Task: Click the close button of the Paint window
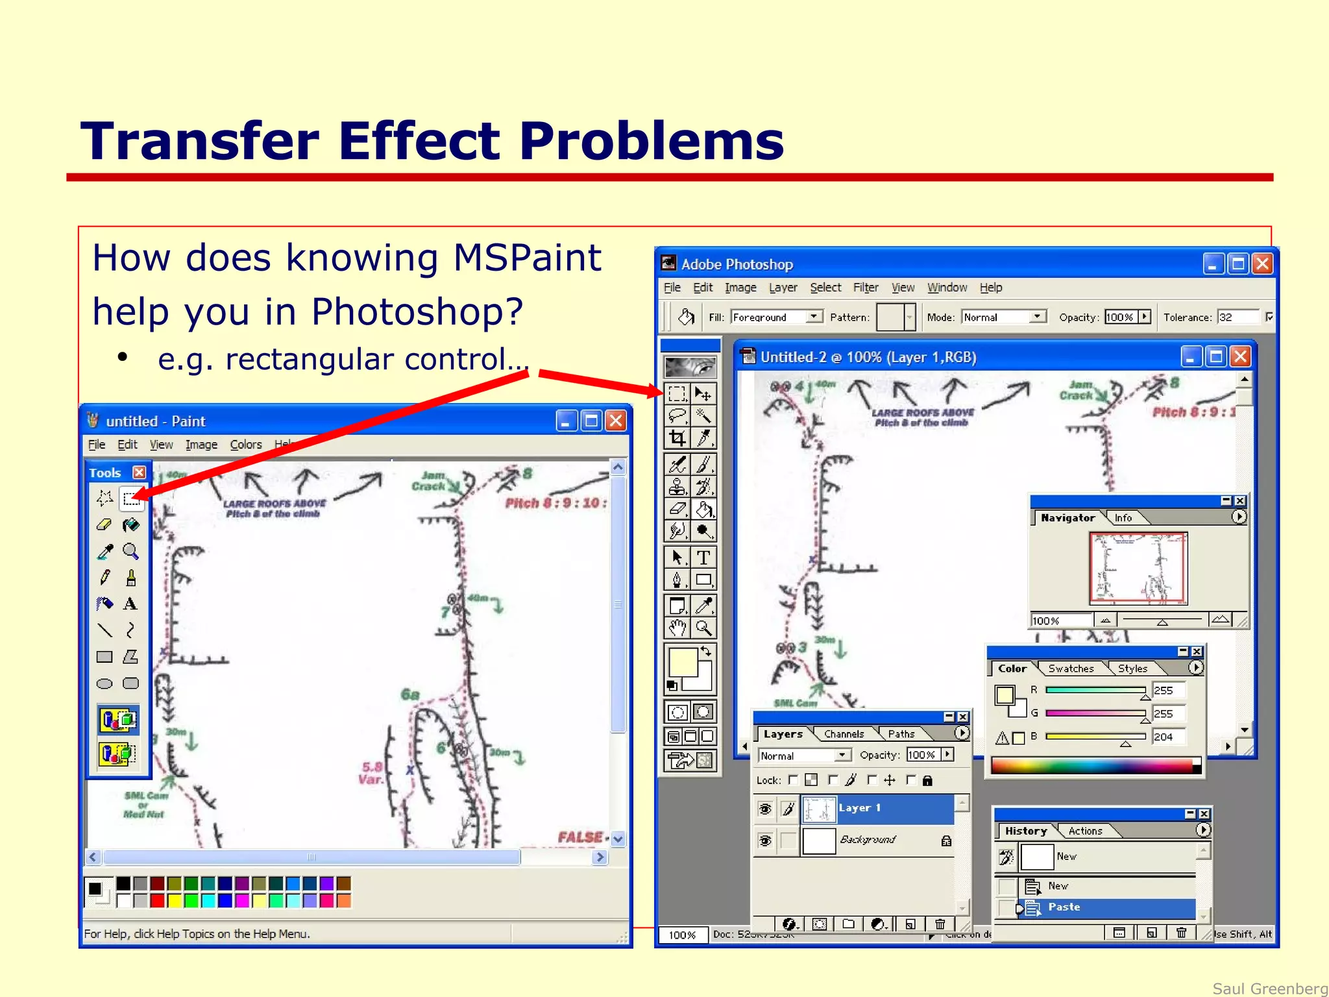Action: [616, 421]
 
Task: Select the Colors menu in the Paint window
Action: [246, 445]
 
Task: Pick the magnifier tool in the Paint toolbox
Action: [130, 552]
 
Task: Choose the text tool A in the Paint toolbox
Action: [130, 604]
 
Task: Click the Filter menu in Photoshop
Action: [865, 288]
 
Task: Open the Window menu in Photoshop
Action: [947, 288]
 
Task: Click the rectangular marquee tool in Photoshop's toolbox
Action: [677, 393]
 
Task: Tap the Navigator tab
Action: [1067, 518]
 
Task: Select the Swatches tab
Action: [1071, 669]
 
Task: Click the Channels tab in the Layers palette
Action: [844, 734]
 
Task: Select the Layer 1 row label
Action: [860, 808]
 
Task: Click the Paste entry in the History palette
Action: [1064, 907]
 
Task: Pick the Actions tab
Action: [1085, 831]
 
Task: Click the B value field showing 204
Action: [1167, 737]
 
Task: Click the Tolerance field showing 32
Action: [1236, 317]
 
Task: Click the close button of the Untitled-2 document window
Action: [1240, 356]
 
